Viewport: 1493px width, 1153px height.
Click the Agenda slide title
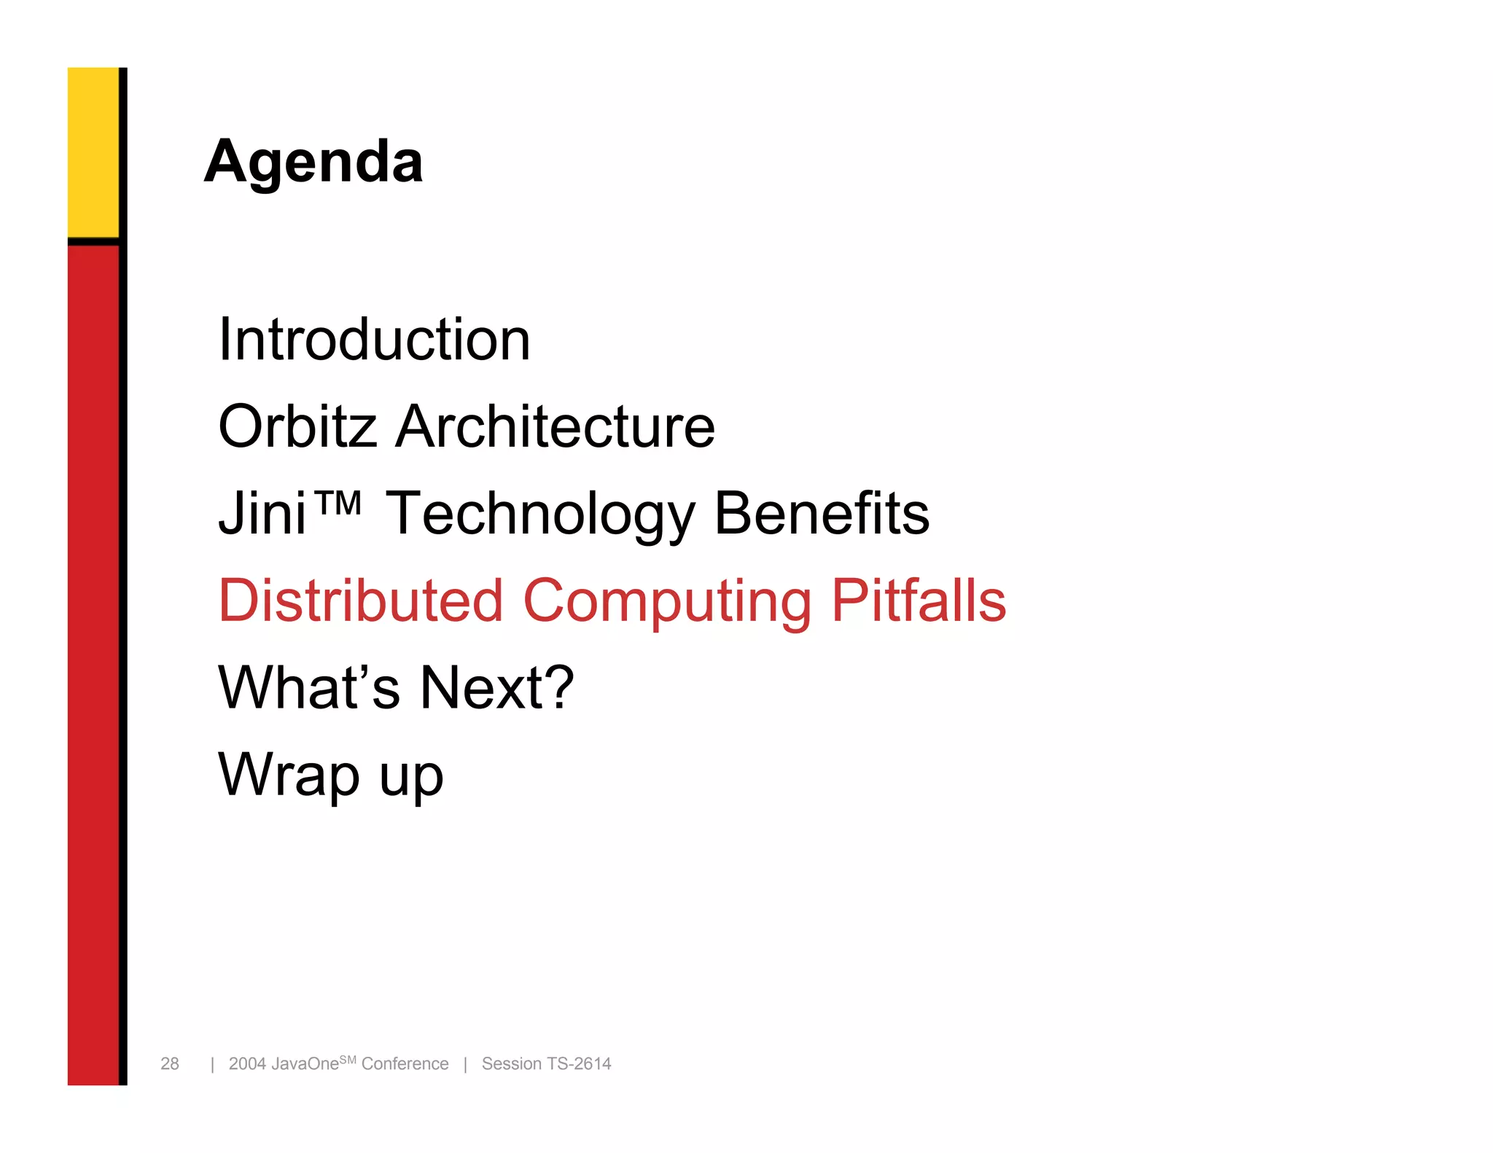(313, 162)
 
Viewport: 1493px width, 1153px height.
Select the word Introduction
(374, 340)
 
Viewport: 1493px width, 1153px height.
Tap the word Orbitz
(297, 426)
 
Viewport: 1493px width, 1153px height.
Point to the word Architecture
(555, 426)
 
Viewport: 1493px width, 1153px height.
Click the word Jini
(262, 513)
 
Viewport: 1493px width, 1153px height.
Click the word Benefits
(822, 513)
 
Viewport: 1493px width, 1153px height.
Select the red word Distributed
(361, 601)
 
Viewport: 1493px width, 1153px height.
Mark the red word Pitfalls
(919, 601)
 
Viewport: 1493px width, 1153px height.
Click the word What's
(309, 687)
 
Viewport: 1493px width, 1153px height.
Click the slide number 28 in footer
(170, 1064)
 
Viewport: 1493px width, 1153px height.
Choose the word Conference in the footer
(405, 1064)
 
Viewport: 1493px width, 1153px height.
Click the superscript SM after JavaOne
(348, 1059)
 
